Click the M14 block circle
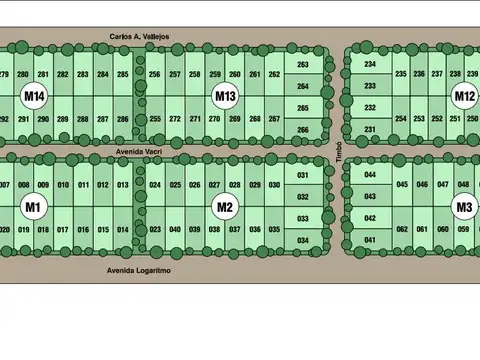34,96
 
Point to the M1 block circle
34,207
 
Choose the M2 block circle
225,207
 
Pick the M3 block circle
464,207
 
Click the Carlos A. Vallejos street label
140,36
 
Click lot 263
303,65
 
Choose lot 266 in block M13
303,130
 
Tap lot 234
370,64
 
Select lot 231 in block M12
370,130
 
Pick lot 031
303,176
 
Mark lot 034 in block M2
303,241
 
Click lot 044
370,175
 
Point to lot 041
370,240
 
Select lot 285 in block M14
122,75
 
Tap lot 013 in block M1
122,185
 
